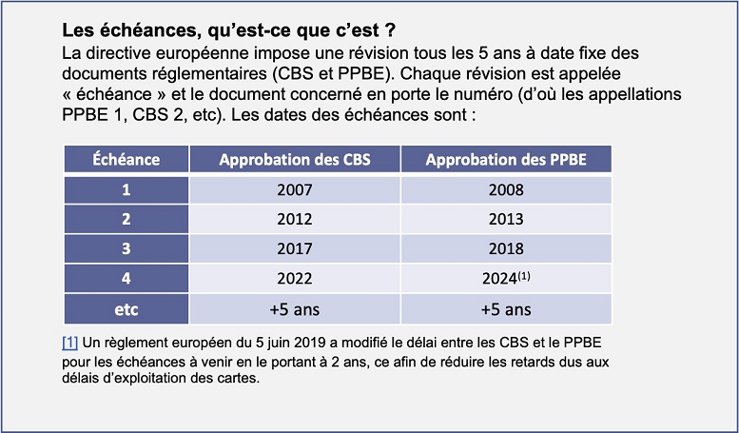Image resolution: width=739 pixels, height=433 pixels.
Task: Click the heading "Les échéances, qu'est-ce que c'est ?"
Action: (x=227, y=30)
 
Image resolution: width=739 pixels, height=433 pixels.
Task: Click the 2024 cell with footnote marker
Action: (x=507, y=280)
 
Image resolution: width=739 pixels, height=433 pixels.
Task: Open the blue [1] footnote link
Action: (x=69, y=342)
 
